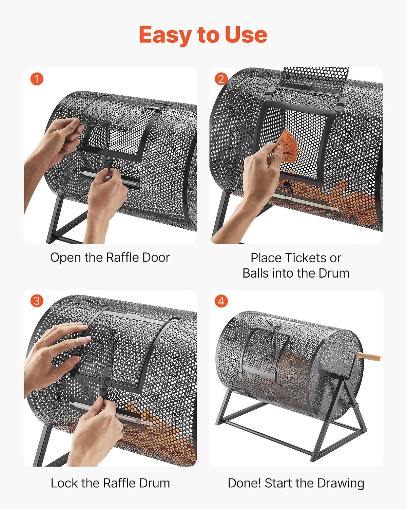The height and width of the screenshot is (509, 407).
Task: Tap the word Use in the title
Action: click(x=246, y=35)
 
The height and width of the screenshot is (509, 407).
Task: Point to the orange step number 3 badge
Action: click(x=37, y=301)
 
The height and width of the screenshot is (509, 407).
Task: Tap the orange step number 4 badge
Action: click(x=221, y=301)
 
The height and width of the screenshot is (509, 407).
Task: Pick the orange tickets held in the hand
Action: click(x=285, y=147)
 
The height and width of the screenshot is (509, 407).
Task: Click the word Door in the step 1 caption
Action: click(x=156, y=257)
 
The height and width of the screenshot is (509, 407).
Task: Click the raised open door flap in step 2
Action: click(x=313, y=81)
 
